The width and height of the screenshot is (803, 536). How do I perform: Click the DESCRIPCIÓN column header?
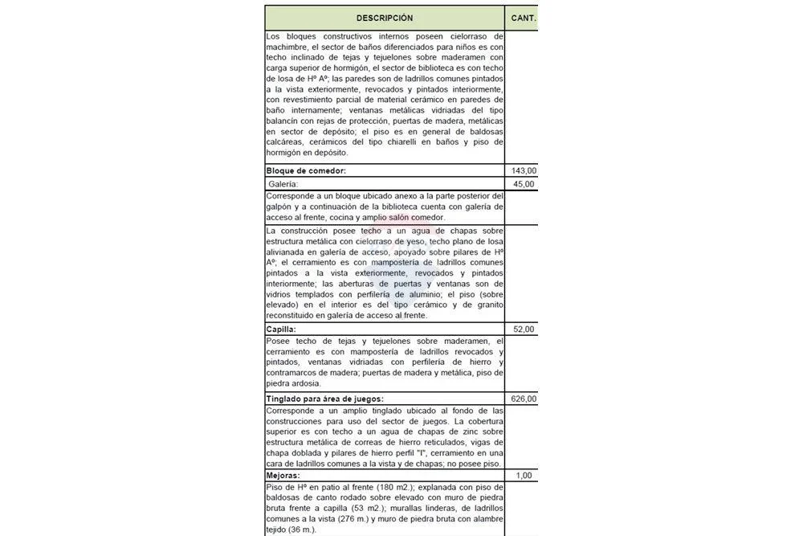pyautogui.click(x=385, y=18)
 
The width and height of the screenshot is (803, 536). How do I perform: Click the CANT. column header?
pyautogui.click(x=523, y=18)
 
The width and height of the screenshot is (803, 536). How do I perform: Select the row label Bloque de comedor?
pyautogui.click(x=306, y=171)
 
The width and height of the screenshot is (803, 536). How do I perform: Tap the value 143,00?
pyautogui.click(x=524, y=171)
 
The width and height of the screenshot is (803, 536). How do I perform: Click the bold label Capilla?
pyautogui.click(x=281, y=329)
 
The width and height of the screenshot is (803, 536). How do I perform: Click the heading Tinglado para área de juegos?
pyautogui.click(x=324, y=399)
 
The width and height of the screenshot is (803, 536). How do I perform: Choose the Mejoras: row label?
pyautogui.click(x=283, y=475)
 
